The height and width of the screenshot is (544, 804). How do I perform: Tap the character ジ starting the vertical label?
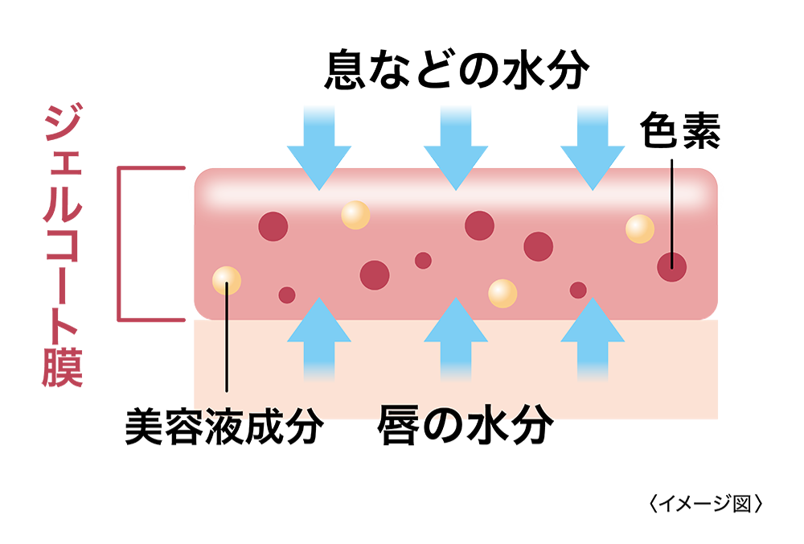click(x=63, y=125)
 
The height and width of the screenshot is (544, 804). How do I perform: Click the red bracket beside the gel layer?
click(x=121, y=245)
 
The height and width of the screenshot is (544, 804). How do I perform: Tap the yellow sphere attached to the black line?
click(x=227, y=280)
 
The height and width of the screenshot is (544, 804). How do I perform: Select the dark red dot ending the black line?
click(x=671, y=267)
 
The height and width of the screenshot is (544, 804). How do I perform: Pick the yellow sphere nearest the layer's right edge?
click(x=640, y=229)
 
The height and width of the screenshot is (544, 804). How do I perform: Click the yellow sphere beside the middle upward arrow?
click(x=503, y=294)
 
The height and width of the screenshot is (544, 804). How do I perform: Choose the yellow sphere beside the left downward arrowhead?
click(x=355, y=215)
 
